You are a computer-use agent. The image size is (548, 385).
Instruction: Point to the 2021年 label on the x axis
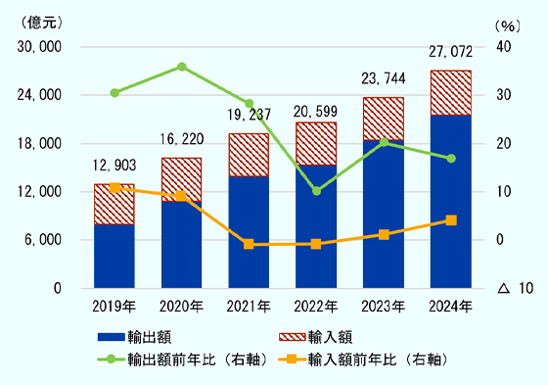(249, 306)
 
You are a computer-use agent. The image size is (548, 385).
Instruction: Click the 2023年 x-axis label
(384, 306)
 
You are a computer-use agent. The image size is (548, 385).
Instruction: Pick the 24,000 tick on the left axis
(42, 95)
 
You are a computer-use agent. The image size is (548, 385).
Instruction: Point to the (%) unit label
(509, 24)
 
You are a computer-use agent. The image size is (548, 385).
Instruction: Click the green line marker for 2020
(182, 67)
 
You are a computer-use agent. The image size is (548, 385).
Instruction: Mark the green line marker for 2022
(316, 190)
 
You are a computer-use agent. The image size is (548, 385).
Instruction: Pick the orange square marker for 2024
(451, 220)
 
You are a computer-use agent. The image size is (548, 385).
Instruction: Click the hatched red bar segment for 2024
(451, 92)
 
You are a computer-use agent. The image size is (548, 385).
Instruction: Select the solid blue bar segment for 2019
(114, 256)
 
